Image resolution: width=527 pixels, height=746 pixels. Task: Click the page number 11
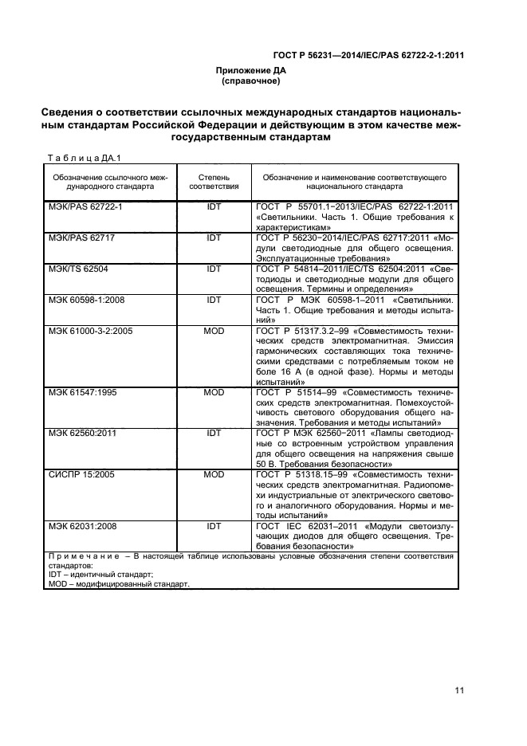(458, 690)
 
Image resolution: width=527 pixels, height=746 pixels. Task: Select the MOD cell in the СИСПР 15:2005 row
(214, 474)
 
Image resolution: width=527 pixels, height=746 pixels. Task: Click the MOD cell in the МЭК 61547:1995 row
(214, 392)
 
